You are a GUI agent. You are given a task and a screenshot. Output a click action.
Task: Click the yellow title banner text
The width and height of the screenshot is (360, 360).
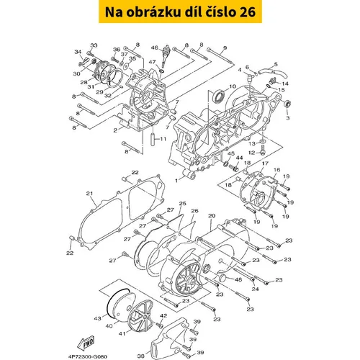180,12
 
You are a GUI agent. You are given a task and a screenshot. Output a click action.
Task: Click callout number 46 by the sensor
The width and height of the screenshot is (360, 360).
154,48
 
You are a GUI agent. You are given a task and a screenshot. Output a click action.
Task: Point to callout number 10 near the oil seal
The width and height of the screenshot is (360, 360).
233,86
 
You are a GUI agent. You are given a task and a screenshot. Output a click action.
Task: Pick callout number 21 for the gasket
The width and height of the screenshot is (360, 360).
89,194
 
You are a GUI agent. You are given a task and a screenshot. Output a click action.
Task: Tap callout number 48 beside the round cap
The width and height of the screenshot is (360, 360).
238,279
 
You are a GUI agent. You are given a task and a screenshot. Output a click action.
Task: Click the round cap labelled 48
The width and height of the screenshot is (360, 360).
223,279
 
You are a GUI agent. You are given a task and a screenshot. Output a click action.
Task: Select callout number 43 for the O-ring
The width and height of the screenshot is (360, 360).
97,318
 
